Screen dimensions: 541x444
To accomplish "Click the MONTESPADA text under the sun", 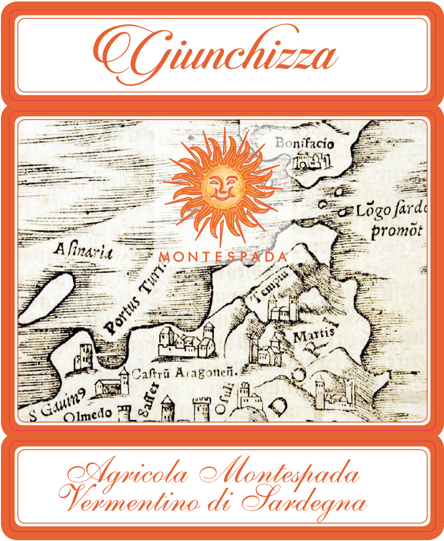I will pos(223,257).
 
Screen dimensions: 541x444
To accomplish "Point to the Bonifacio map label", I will pos(305,144).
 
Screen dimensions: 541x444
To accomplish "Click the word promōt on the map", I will pos(397,231).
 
